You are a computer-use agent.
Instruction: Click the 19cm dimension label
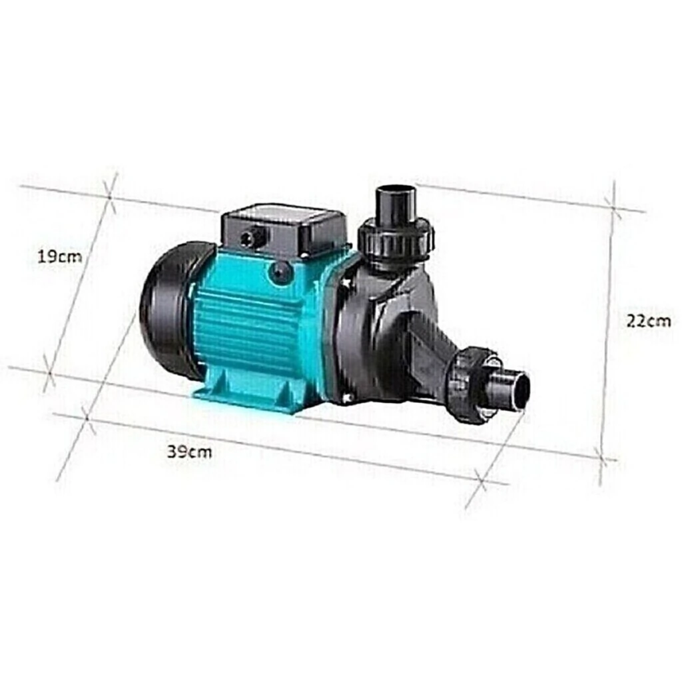click(59, 256)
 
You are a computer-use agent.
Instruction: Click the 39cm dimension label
click(190, 452)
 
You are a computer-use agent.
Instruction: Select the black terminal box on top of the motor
click(285, 232)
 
